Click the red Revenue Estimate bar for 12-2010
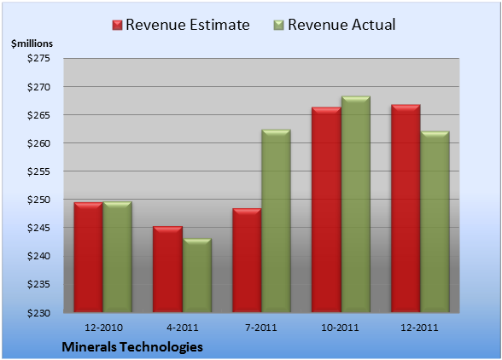coord(89,258)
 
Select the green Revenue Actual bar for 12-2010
coord(117,257)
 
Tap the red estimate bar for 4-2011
coord(167,269)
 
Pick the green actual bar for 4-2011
coord(197,276)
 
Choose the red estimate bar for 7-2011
coord(247,260)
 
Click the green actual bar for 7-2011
coord(276,221)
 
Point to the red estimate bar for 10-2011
coord(326,210)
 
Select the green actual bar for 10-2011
coord(356,204)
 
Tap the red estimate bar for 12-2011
coord(406,208)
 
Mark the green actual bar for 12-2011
coord(435,222)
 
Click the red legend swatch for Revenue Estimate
coord(118,26)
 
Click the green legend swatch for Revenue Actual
coord(279,26)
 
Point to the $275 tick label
coord(38,58)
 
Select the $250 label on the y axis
coord(38,200)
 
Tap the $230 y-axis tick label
coord(38,313)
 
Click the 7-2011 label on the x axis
coord(261,328)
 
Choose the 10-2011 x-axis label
coord(340,328)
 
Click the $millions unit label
coord(32,44)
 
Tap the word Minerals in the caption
coord(90,347)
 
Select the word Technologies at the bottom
coord(161,347)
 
